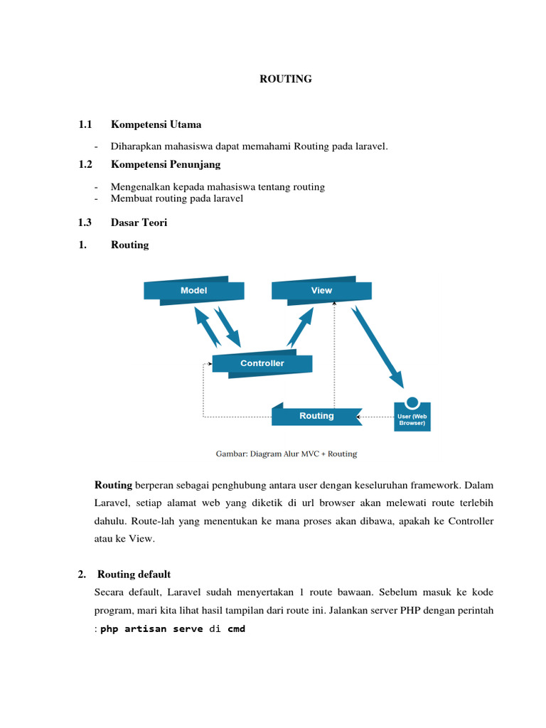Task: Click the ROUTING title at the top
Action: (286, 79)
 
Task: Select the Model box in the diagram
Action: (193, 291)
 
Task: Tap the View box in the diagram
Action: (321, 291)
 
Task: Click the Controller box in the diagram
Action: (262, 363)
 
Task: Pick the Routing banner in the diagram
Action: (316, 416)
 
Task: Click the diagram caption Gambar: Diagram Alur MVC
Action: (287, 454)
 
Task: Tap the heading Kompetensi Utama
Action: (156, 124)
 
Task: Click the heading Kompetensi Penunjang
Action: (166, 164)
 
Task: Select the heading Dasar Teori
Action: (139, 223)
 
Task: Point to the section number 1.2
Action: (85, 164)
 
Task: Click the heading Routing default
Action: (134, 574)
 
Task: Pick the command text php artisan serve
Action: (151, 629)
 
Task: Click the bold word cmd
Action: (236, 629)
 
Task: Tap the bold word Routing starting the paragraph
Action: (114, 485)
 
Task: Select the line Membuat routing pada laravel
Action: (177, 198)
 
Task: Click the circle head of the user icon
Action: (412, 401)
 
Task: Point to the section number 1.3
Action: (85, 223)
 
